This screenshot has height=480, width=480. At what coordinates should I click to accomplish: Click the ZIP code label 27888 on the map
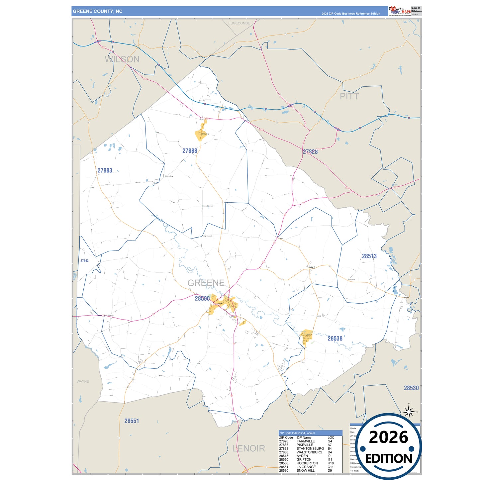[x=190, y=151]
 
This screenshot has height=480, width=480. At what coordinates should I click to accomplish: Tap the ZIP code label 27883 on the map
[x=105, y=171]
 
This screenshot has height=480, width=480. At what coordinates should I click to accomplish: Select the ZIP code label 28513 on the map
[x=369, y=256]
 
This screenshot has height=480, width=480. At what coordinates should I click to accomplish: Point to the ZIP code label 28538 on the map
[x=335, y=338]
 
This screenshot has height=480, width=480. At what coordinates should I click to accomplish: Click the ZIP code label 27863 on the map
[x=84, y=261]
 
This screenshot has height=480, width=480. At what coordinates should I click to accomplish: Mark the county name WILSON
[x=122, y=59]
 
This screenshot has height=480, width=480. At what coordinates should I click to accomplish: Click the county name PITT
[x=349, y=96]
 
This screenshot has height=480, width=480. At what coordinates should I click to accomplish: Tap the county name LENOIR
[x=248, y=448]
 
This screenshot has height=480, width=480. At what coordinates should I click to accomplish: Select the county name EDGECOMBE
[x=239, y=23]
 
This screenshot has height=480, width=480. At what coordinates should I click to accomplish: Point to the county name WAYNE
[x=83, y=381]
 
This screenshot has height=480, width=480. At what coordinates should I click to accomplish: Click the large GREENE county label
[x=206, y=283]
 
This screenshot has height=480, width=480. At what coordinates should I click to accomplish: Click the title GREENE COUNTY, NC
[x=98, y=11]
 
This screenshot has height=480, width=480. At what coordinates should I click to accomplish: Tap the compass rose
[x=409, y=412]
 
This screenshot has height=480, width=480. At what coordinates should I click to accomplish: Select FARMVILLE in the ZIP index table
[x=306, y=441]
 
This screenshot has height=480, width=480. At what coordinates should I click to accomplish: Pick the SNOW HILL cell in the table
[x=305, y=470]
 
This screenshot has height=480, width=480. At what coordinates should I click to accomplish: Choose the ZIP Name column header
[x=304, y=437]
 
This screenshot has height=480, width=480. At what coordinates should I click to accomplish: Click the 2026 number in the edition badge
[x=388, y=437]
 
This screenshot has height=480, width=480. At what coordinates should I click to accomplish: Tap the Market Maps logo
[x=399, y=11]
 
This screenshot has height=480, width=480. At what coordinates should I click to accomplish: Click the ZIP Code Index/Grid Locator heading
[x=297, y=433]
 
